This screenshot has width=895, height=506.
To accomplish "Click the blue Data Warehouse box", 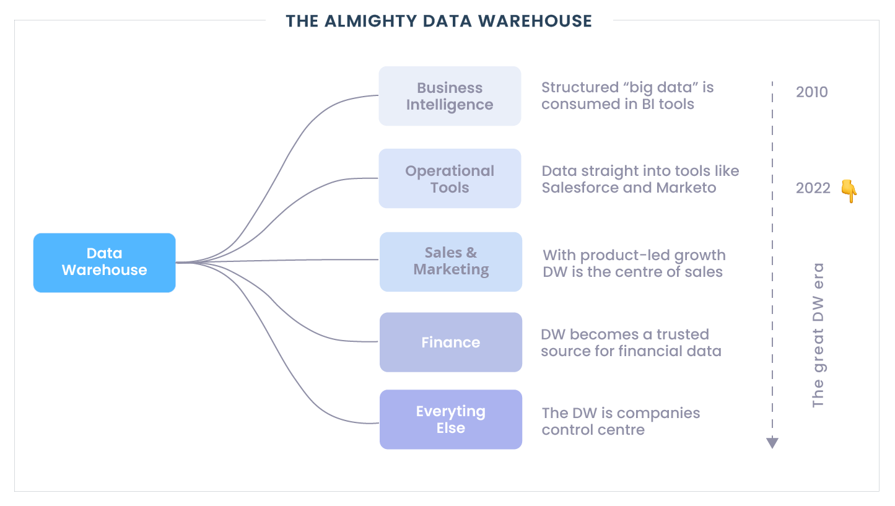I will [104, 262].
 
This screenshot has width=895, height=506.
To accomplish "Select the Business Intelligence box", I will [450, 96].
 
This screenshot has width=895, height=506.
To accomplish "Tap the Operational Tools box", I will [450, 178].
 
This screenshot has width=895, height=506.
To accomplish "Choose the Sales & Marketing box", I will [451, 261].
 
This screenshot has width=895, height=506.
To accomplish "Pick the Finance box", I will [451, 342].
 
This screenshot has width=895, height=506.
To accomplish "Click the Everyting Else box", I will [451, 419].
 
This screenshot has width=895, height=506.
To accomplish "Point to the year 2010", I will [811, 93].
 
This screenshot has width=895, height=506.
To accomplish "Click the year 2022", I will [813, 188].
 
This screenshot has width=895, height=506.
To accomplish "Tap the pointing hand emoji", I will [849, 191].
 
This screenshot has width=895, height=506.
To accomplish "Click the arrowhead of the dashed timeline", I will [772, 442].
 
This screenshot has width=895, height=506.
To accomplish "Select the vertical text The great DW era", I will [818, 335].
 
